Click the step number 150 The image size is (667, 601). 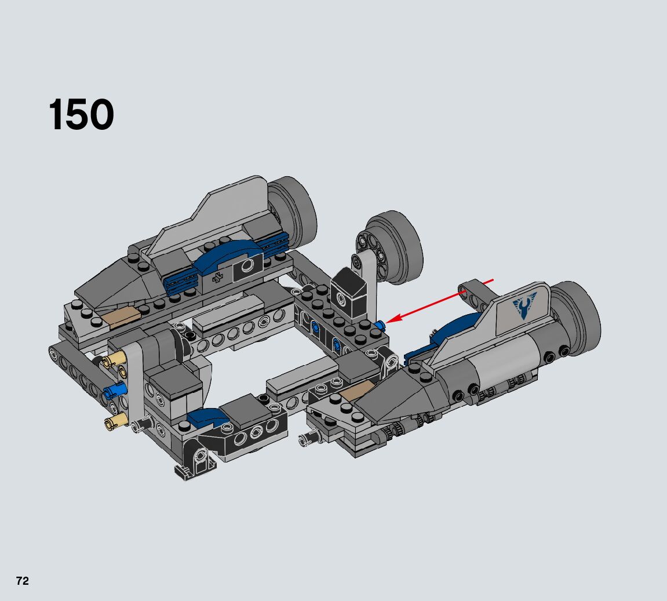pos(81,114)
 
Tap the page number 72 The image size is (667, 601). pos(23,581)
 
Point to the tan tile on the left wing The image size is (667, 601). pos(121,318)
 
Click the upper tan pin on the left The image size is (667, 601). pos(113,359)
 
